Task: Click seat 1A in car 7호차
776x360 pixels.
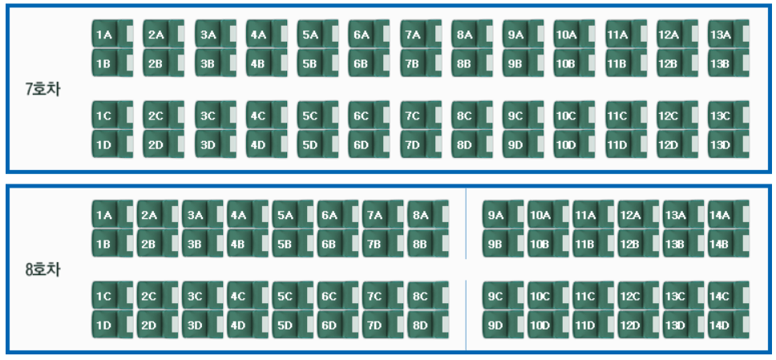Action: click(x=111, y=34)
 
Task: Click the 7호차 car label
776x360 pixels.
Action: click(x=42, y=90)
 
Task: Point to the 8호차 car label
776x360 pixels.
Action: click(x=42, y=270)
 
